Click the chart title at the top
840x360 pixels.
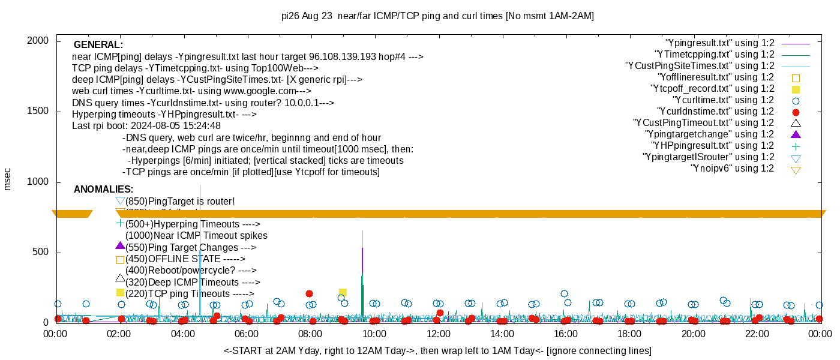click(437, 16)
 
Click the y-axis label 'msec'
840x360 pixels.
click(8, 179)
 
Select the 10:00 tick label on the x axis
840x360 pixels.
click(374, 334)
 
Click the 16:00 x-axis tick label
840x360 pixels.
click(566, 334)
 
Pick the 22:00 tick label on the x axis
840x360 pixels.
click(757, 334)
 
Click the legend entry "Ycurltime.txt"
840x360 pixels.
click(723, 100)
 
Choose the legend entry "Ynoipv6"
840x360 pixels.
click(732, 169)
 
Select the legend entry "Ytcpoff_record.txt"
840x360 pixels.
click(712, 89)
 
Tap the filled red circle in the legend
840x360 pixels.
click(796, 112)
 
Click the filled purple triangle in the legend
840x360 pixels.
click(796, 134)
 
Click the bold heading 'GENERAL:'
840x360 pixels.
click(98, 45)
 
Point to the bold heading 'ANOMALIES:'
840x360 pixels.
click(103, 190)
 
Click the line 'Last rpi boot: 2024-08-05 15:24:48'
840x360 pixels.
click(146, 126)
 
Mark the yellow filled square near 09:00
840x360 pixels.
click(343, 293)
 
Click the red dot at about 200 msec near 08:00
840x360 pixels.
click(309, 293)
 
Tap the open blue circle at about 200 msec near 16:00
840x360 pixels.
click(564, 293)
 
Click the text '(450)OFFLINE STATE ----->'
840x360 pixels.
click(185, 259)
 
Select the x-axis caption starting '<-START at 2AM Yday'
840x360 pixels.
click(437, 350)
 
